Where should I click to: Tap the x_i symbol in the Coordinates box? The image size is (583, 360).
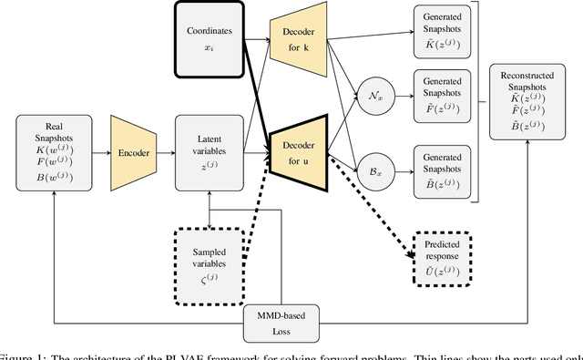[x=210, y=46]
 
